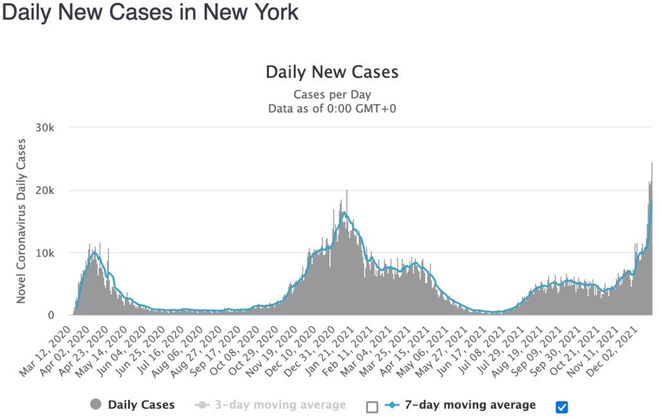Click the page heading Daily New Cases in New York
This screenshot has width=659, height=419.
151,13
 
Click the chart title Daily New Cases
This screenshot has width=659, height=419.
332,71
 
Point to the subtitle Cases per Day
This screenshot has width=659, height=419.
332,94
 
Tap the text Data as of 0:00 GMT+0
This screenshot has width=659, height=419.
332,108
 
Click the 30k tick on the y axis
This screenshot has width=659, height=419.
53,128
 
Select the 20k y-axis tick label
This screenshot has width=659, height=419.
53,191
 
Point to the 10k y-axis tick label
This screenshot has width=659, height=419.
53,253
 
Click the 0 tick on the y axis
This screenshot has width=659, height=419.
59,316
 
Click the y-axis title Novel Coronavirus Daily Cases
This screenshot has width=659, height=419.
22,221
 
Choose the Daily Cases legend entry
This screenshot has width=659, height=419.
141,405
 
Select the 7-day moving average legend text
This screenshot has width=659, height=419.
470,405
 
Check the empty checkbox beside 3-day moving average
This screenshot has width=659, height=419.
372,407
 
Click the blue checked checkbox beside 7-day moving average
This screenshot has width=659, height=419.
561,407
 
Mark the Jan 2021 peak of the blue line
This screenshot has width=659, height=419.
344,212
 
